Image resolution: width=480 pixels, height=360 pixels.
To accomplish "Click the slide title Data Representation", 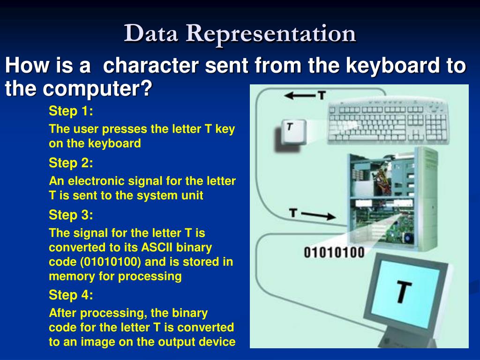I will [240, 34].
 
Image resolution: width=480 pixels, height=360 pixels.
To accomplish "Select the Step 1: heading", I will [71, 112].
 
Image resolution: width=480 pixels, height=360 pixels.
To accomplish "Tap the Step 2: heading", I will [71, 163].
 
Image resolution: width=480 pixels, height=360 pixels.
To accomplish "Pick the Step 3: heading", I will [71, 215].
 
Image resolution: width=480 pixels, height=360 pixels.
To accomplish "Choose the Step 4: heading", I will [71, 295].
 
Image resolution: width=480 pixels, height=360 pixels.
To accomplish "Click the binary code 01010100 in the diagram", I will [334, 253].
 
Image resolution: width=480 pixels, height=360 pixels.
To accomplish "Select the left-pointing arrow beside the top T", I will [299, 96].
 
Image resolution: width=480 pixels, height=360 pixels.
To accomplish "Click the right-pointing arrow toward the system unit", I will [318, 215].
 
